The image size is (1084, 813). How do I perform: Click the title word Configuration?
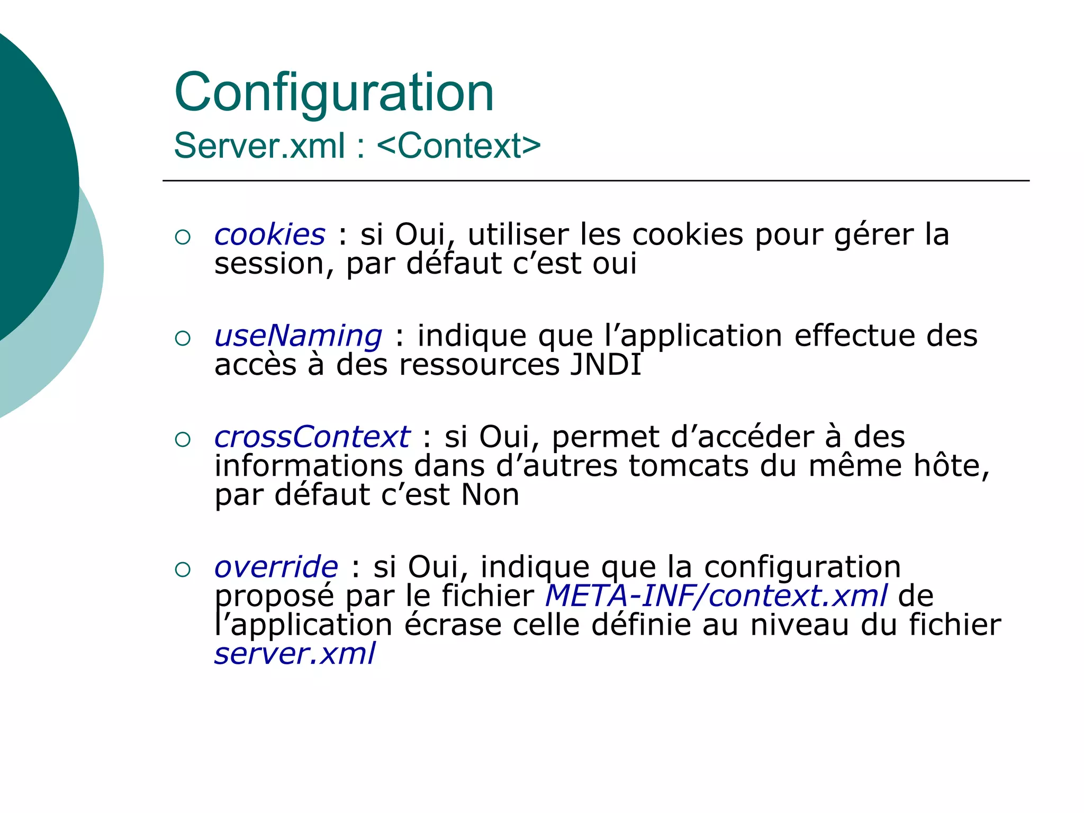[334, 93]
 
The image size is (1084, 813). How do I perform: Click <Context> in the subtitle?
[459, 146]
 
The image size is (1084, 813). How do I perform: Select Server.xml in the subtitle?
[259, 146]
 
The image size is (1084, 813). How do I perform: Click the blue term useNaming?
[298, 336]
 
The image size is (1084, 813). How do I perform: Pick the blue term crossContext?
[312, 437]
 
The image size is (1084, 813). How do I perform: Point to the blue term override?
[276, 567]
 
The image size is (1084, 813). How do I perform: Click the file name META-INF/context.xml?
[716, 596]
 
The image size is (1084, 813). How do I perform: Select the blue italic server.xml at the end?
[295, 654]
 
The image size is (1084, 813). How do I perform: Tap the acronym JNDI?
[605, 365]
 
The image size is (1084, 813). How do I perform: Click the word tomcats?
[688, 466]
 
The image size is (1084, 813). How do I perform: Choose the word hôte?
[952, 466]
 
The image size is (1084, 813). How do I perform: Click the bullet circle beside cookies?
[183, 237]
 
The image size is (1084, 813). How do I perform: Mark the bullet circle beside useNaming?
[183, 338]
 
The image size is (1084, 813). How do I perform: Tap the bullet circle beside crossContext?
[183, 439]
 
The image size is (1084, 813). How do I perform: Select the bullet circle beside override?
[183, 570]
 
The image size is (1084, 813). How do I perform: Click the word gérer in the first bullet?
[874, 236]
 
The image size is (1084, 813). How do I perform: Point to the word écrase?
[453, 625]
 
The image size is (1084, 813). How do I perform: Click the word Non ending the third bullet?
[490, 495]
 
